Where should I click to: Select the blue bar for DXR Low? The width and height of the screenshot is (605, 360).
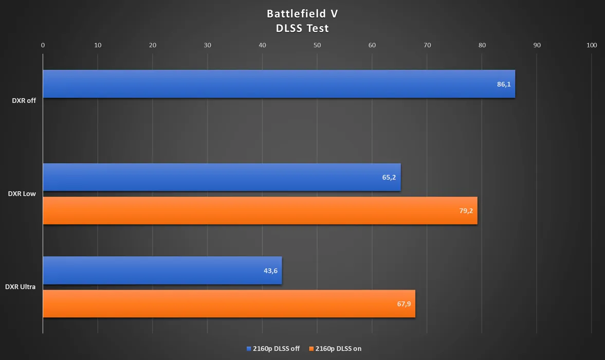coord(222,177)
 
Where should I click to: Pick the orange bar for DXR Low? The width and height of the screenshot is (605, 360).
coord(260,210)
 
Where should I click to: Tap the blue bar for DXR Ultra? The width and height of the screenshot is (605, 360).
coord(162,271)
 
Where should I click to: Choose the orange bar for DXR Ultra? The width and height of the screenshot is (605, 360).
coord(229,303)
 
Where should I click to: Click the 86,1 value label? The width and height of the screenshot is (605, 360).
coord(504,84)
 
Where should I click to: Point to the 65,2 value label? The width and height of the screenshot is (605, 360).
coord(389,177)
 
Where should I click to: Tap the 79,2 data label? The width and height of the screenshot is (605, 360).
coord(466,211)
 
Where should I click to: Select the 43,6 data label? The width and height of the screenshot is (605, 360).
coord(270,271)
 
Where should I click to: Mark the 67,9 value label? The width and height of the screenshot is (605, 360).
coord(404,304)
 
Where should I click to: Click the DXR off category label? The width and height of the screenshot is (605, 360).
coord(24,101)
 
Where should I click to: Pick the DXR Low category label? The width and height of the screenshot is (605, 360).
coord(22,194)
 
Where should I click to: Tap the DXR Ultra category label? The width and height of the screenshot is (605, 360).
coord(20,287)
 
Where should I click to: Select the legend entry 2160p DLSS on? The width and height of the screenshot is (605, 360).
coord(335,349)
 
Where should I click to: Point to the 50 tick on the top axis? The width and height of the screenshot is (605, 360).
coord(317,45)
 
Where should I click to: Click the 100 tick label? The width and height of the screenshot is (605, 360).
coord(592,45)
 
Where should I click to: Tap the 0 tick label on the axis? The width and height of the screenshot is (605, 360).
coord(43,45)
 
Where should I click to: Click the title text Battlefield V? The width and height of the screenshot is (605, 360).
coord(302,13)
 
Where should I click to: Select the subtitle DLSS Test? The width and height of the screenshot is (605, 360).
coord(302,28)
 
